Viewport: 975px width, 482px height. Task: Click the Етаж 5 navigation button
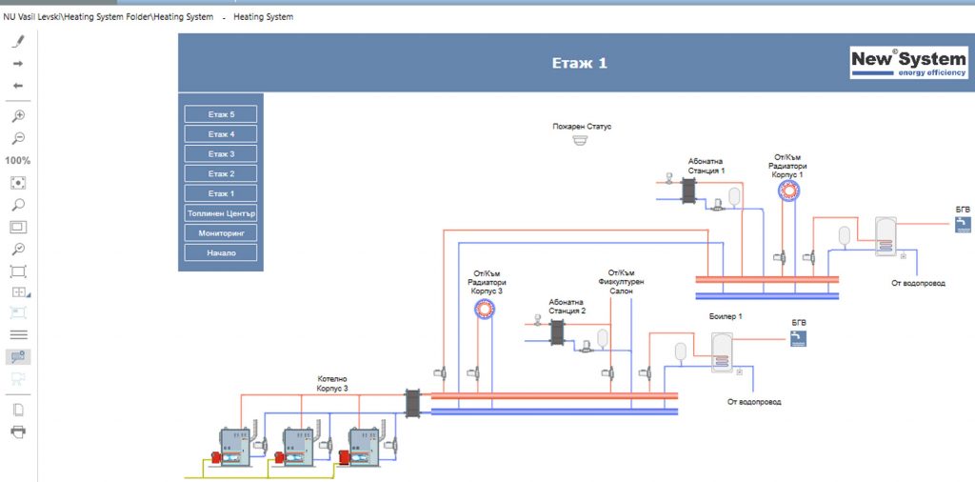221,114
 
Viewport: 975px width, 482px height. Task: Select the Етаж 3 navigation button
221,153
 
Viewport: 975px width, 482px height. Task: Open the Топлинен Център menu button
221,213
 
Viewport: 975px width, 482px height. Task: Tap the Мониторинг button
221,233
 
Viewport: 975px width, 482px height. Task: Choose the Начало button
221,253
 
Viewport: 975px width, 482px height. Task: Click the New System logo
908,64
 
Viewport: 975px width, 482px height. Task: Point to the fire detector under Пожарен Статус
580,140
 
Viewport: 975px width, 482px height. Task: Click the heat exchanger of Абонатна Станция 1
688,191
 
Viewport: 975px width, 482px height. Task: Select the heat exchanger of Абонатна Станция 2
557,332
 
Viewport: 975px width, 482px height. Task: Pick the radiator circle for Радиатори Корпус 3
485,309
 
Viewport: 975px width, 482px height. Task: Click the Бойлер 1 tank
722,352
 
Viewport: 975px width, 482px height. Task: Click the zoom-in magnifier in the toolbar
19,115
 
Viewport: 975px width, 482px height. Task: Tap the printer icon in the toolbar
19,432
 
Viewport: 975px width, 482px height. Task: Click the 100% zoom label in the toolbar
18,160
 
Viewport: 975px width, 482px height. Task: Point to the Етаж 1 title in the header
580,64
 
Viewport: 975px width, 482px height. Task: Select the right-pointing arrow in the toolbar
18,64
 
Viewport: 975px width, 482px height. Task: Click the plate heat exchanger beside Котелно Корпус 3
413,403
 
